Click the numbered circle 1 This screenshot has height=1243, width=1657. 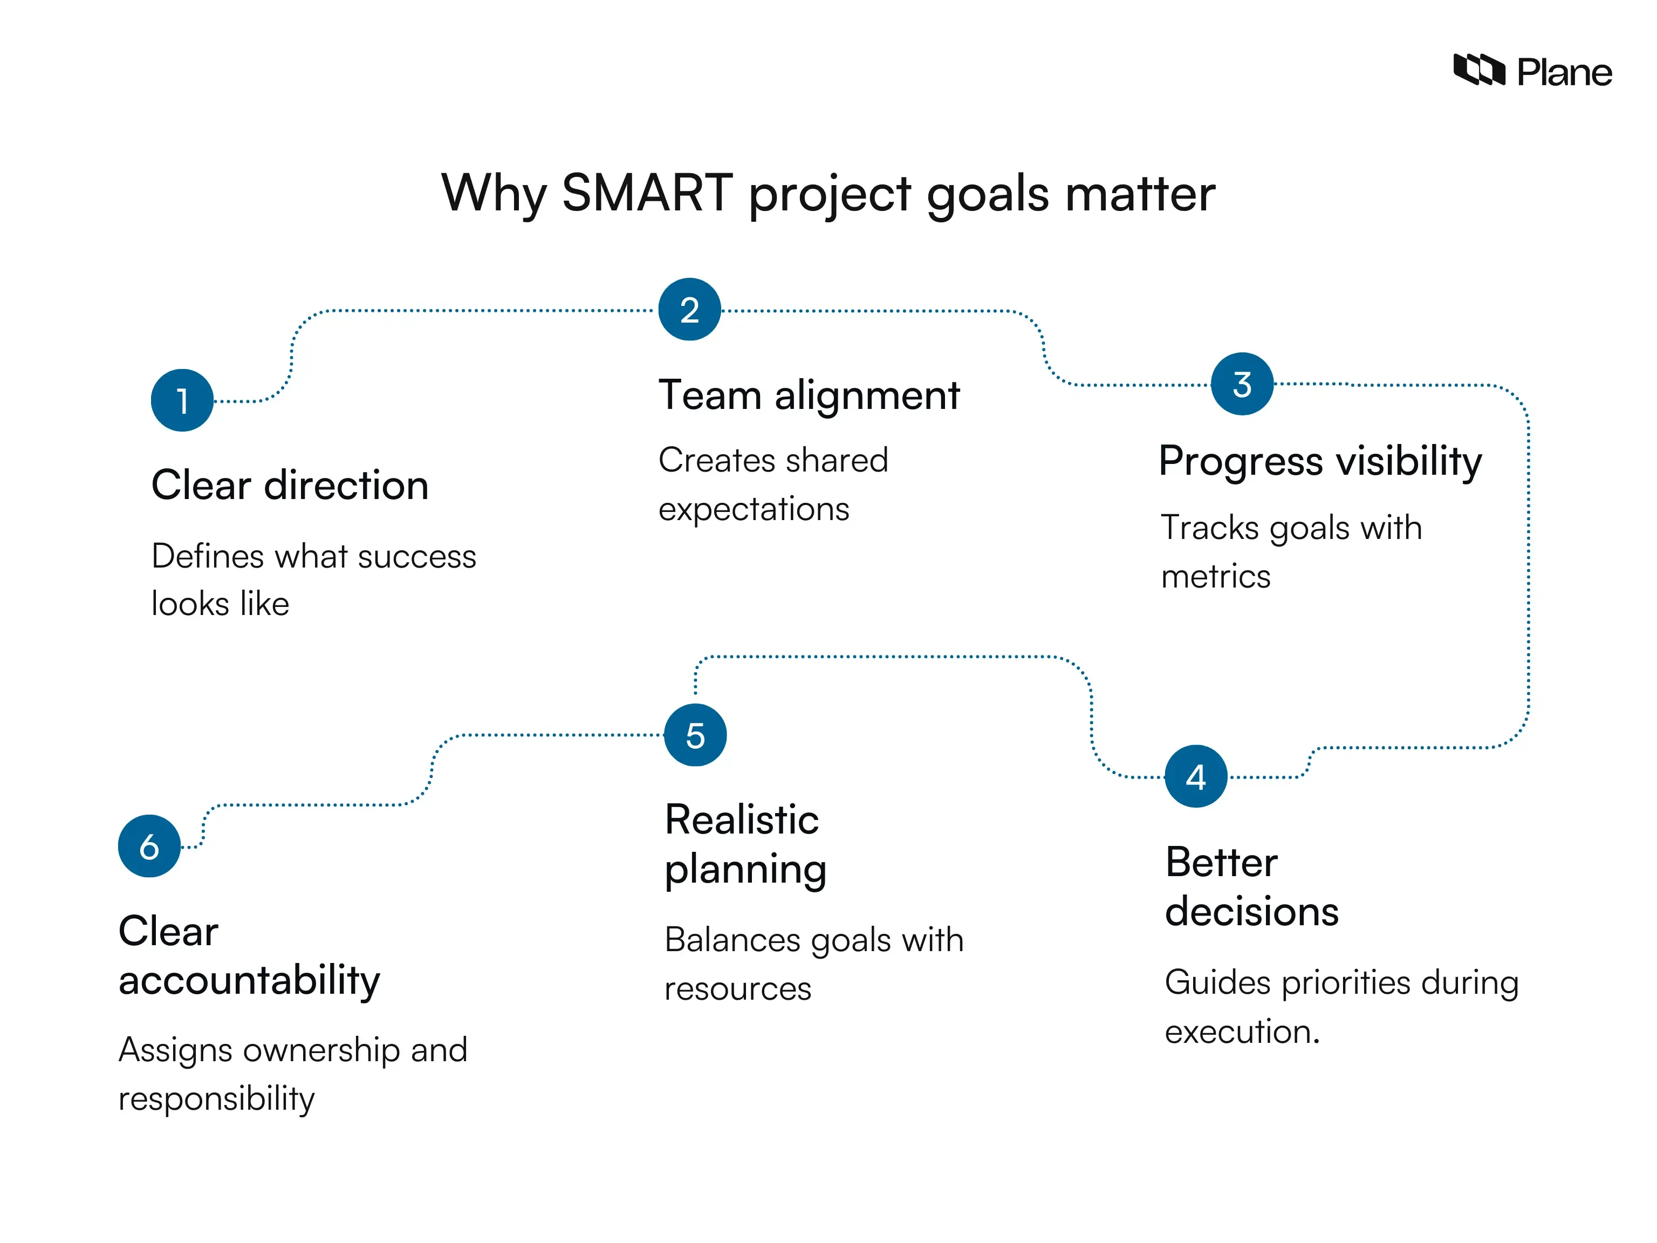pos(182,400)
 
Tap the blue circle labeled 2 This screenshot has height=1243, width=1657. pos(689,310)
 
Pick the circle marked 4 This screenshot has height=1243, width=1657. pos(1196,776)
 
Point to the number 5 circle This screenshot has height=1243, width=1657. pos(695,735)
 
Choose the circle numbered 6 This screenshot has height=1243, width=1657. pos(149,846)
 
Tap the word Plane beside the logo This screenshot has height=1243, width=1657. pos(1564,73)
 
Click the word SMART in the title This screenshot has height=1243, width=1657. pos(647,193)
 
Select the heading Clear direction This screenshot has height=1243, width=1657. pos(290,485)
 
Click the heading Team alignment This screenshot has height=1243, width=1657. pos(809,395)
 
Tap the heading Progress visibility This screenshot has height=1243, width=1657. pos(1320,461)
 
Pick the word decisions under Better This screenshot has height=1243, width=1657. pos(1252,912)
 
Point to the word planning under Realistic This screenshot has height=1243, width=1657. pos(745,870)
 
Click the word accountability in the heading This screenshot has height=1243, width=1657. pos(249,980)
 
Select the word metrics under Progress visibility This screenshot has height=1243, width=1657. pos(1215,577)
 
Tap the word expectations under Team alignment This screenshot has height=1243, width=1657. pos(754,509)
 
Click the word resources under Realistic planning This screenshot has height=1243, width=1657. pos(738,989)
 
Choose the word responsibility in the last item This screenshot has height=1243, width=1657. pos(216,1099)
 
